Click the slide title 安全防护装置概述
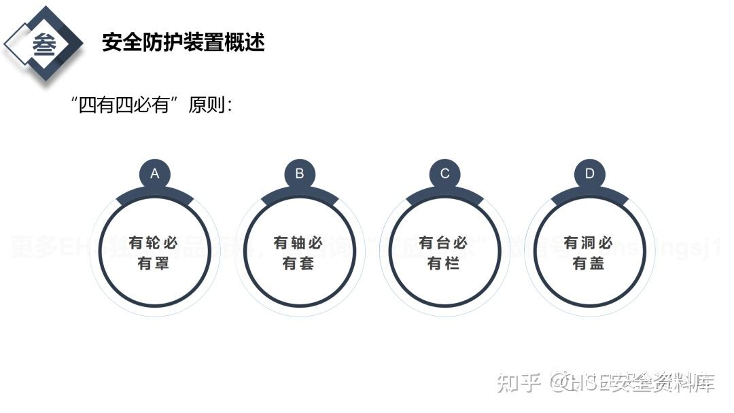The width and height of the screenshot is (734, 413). (183, 42)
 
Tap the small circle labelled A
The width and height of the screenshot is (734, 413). (155, 174)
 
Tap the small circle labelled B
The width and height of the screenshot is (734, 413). (300, 174)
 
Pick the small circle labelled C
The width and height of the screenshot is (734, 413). (444, 174)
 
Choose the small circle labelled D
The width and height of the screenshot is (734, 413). (589, 174)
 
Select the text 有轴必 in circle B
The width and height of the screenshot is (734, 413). (298, 243)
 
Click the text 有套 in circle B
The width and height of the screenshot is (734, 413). (298, 264)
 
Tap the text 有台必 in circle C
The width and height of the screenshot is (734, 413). (443, 243)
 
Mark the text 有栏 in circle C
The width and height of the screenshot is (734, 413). (443, 264)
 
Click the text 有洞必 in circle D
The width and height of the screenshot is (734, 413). (589, 243)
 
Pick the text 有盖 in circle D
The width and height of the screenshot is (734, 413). (589, 264)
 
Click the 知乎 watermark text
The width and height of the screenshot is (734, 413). (519, 383)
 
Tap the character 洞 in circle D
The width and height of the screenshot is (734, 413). (589, 243)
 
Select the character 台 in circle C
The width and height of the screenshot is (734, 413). (443, 243)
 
